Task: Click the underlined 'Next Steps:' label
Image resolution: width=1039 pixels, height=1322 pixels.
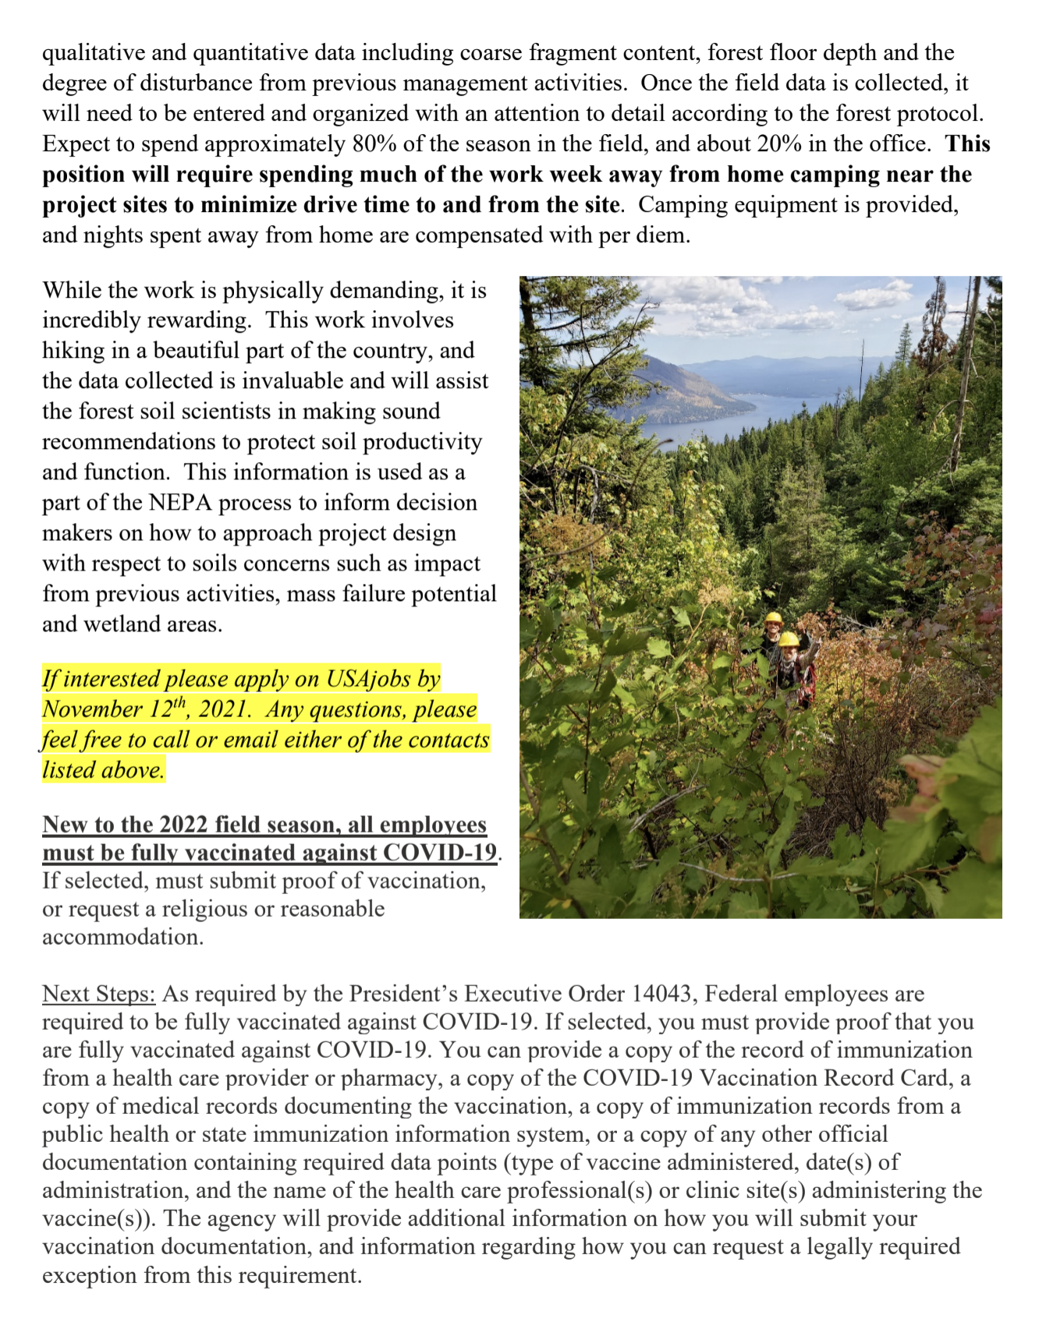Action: pyautogui.click(x=99, y=994)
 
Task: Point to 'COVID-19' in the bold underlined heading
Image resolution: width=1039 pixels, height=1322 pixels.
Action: pyautogui.click(x=453, y=853)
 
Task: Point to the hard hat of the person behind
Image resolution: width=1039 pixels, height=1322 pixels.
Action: pyautogui.click(x=773, y=618)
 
